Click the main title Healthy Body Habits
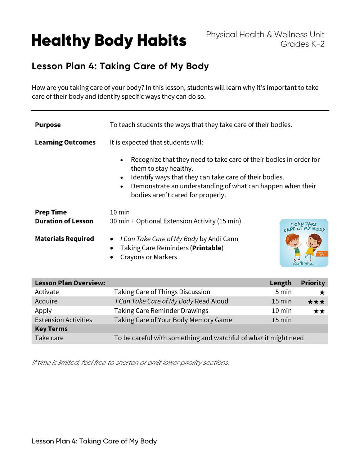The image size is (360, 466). [109, 41]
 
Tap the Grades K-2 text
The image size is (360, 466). [302, 44]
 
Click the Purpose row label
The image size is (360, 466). [48, 125]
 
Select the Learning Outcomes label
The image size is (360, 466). [65, 143]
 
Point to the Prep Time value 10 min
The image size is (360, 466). [120, 212]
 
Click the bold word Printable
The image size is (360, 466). [207, 248]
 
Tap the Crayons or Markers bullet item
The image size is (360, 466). [148, 257]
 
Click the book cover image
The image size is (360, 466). [304, 243]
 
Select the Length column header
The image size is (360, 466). [280, 283]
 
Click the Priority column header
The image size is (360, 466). [313, 283]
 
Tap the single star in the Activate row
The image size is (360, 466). [322, 292]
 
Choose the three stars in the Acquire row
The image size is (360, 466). [316, 302]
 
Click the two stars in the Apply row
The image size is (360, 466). [319, 311]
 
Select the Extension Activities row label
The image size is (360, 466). [63, 320]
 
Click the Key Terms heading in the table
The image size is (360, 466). [51, 329]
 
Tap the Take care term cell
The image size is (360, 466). [49, 338]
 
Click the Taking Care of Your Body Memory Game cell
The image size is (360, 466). [173, 320]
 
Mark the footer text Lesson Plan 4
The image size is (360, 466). [94, 441]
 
